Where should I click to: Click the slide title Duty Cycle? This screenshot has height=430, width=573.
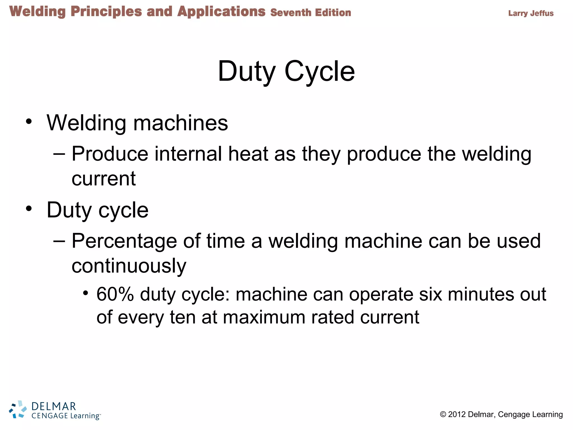click(x=286, y=71)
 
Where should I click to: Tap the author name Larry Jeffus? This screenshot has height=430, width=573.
click(x=531, y=13)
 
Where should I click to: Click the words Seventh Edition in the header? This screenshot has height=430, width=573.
click(x=311, y=13)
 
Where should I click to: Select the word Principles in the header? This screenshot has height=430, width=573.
click(x=106, y=12)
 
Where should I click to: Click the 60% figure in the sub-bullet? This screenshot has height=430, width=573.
click(x=115, y=294)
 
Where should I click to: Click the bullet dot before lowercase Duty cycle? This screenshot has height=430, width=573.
click(x=29, y=209)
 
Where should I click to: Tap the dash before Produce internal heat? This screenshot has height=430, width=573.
click(x=59, y=154)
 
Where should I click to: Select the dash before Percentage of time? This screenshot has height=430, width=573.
click(x=59, y=241)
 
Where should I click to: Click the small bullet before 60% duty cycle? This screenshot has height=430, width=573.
click(x=86, y=293)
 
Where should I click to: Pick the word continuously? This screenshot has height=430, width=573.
click(x=129, y=266)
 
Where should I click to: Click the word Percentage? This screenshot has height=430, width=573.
click(x=124, y=241)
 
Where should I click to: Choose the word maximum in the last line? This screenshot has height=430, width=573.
click(x=264, y=317)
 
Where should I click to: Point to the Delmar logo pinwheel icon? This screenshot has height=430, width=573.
click(x=18, y=410)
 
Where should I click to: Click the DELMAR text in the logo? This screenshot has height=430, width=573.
click(x=54, y=406)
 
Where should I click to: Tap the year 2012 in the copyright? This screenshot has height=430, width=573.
click(x=457, y=414)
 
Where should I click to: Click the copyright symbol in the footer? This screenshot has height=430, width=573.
click(x=443, y=414)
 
